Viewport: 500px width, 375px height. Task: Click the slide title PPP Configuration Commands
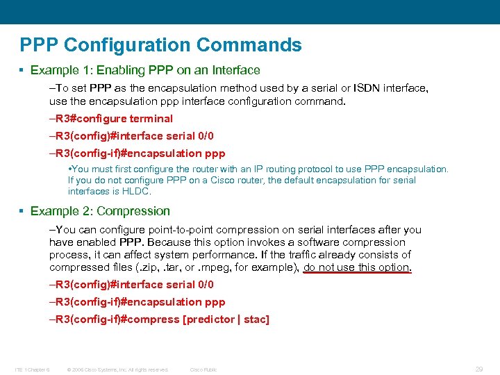[x=161, y=46]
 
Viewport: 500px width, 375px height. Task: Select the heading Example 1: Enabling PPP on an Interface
[x=145, y=70]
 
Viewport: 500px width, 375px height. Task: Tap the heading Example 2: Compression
[x=100, y=211]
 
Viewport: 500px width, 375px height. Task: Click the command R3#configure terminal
[x=114, y=119]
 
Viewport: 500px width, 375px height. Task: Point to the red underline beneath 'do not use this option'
[x=358, y=273]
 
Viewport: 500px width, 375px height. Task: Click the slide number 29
[x=478, y=369]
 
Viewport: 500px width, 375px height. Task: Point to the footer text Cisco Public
[x=203, y=369]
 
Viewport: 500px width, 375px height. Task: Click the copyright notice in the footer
[x=117, y=369]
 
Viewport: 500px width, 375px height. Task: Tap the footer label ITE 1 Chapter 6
[x=33, y=369]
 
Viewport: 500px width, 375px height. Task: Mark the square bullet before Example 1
[x=22, y=70]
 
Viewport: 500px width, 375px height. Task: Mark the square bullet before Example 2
[x=22, y=211]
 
